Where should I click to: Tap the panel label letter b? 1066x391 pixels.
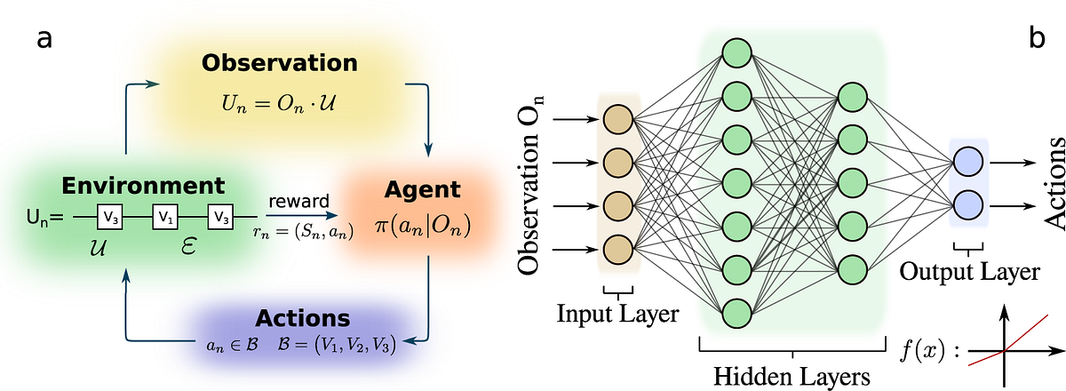[1037, 38]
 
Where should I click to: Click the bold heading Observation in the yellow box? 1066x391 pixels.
[279, 63]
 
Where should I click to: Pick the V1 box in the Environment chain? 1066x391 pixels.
[164, 215]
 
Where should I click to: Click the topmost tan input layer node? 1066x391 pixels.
[617, 119]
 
